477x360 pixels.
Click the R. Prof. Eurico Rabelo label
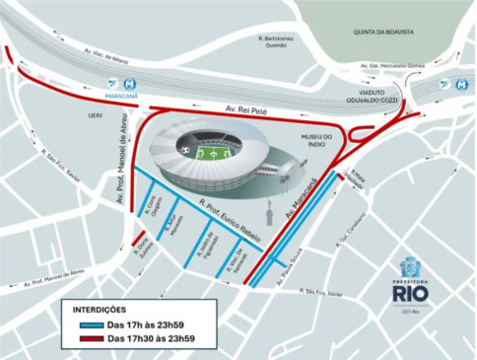point(228,208)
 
